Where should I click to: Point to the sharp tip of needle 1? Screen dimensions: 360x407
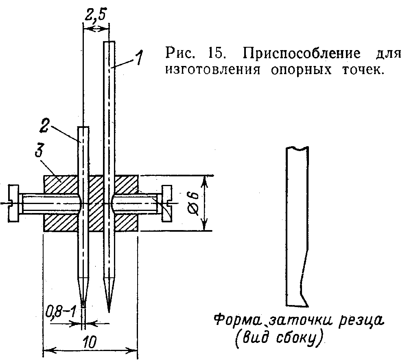(109, 311)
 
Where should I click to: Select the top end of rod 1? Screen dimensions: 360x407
(109, 42)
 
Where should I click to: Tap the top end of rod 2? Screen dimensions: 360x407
(83, 128)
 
